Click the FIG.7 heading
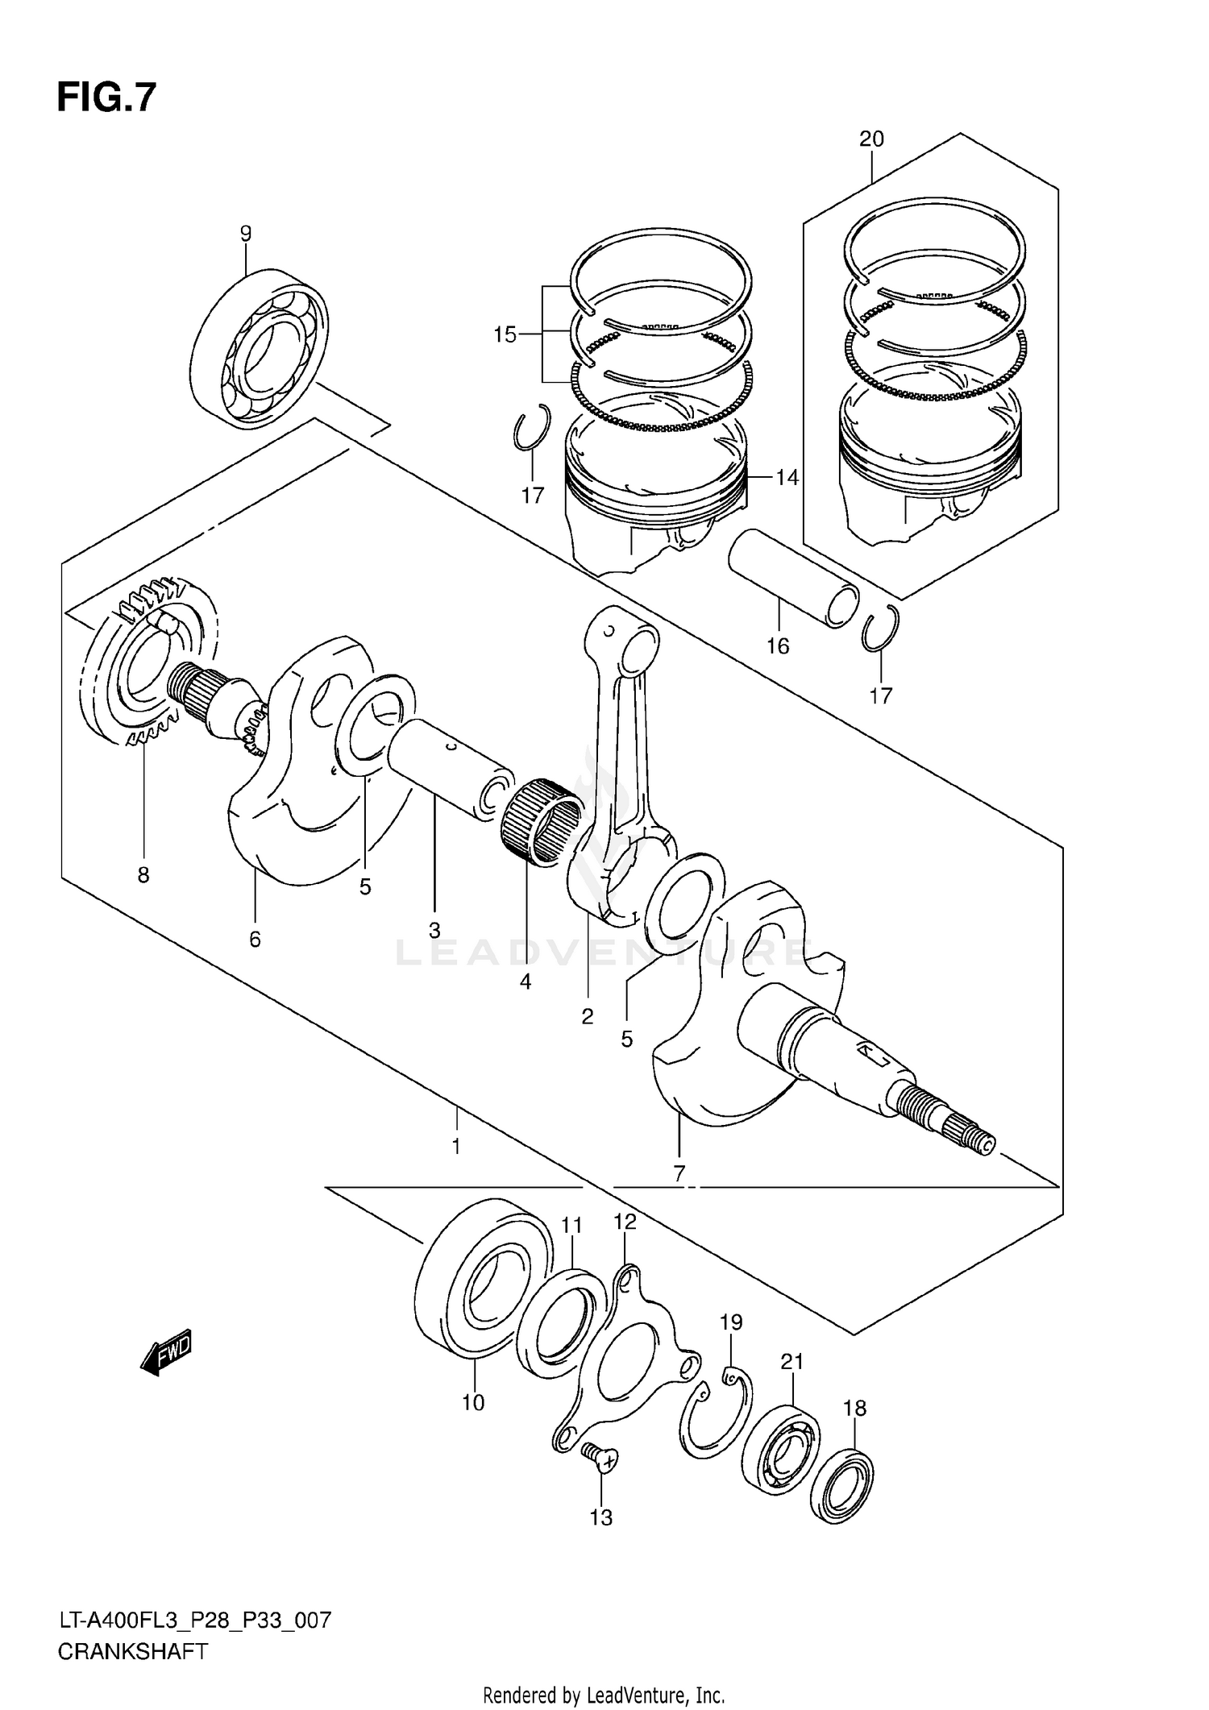point(106,98)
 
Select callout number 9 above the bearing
point(246,234)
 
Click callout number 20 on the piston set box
point(871,139)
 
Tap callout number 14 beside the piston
point(787,478)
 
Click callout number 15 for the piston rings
point(505,334)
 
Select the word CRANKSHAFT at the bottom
point(132,1651)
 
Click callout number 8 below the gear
point(143,875)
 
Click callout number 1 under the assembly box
point(456,1146)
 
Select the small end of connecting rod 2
point(632,641)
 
